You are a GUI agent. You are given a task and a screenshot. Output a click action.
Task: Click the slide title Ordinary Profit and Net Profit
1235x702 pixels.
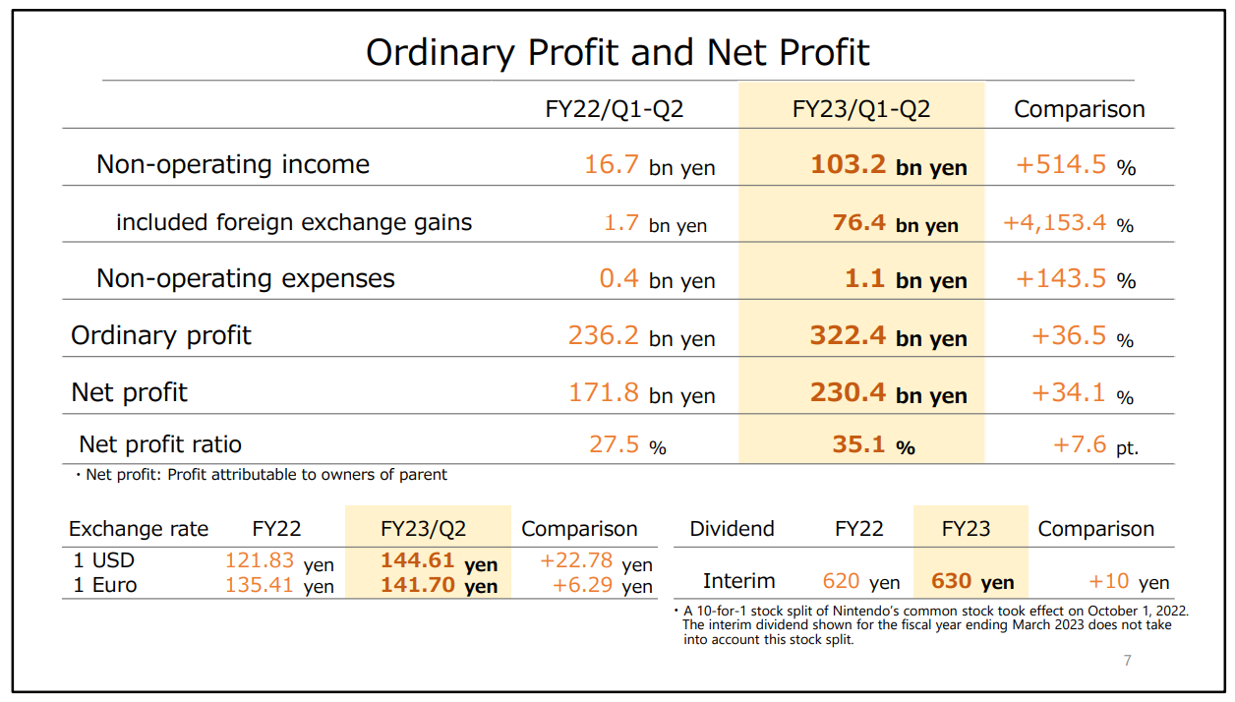617,52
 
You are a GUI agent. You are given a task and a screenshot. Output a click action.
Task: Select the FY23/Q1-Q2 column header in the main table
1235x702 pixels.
861,109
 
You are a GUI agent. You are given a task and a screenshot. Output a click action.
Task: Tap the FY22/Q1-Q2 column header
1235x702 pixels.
615,109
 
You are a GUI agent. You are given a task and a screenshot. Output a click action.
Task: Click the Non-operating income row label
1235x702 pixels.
233,164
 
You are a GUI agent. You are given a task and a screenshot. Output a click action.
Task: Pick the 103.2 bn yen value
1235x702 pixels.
889,165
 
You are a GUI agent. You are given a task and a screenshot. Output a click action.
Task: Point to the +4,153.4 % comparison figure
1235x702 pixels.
1068,223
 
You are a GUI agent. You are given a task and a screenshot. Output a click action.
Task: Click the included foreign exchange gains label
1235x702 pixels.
294,222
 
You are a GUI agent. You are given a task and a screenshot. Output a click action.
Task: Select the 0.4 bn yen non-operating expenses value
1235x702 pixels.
657,279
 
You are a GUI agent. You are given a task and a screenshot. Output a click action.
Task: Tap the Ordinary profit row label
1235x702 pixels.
161,335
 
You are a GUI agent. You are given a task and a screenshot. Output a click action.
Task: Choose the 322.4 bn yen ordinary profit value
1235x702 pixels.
889,336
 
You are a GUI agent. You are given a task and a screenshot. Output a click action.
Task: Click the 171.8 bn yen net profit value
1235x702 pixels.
641,393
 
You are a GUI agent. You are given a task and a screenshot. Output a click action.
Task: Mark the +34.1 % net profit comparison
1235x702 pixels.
1083,393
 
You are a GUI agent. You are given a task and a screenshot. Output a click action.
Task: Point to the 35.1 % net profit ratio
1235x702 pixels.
873,445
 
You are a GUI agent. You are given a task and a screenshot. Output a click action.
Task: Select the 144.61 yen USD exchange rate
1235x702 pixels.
439,562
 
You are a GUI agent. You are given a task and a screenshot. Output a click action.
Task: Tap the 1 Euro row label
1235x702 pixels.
105,585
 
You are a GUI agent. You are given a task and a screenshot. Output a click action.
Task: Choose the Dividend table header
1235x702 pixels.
732,529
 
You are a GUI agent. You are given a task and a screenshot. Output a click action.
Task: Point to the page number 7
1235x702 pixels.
1128,661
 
